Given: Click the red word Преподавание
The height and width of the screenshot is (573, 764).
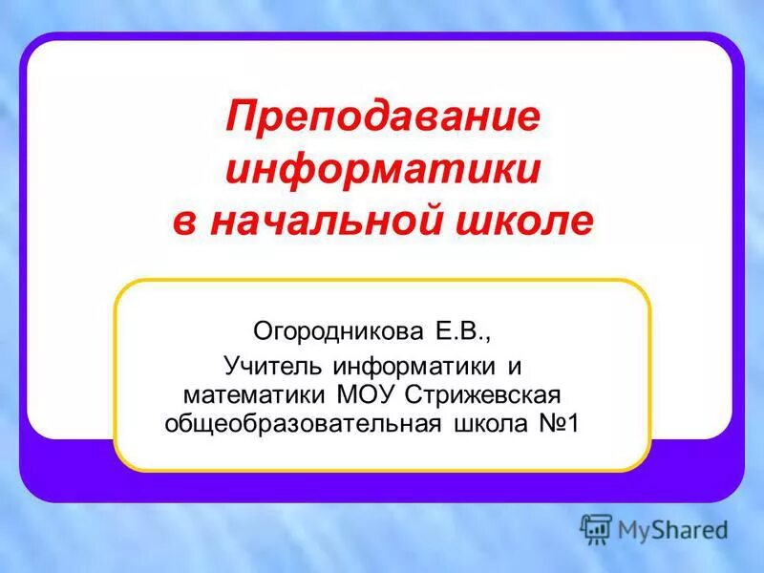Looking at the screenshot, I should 383,118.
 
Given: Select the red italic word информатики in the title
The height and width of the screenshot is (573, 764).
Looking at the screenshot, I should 383,169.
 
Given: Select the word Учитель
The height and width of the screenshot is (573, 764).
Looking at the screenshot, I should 274,366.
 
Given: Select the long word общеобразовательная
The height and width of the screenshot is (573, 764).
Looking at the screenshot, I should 299,423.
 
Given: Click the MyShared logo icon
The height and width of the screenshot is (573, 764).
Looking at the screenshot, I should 597,529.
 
